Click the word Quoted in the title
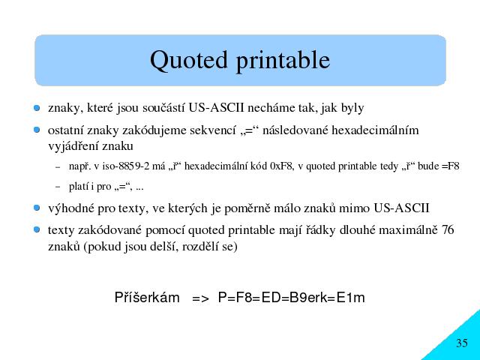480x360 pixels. point(189,61)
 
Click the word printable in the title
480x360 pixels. point(283,61)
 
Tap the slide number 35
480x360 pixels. point(462,343)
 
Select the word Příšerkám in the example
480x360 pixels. point(147,297)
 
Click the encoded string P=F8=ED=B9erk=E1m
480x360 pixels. point(292,298)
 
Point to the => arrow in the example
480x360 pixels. point(200,298)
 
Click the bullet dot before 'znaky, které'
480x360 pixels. point(37,108)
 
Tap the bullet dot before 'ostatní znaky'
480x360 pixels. point(37,130)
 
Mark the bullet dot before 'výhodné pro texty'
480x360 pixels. point(37,208)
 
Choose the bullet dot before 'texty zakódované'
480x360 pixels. point(37,229)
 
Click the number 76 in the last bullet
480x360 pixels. point(448,230)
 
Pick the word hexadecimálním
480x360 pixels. point(375,130)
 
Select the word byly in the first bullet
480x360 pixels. point(352,108)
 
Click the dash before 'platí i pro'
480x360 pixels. point(58,187)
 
